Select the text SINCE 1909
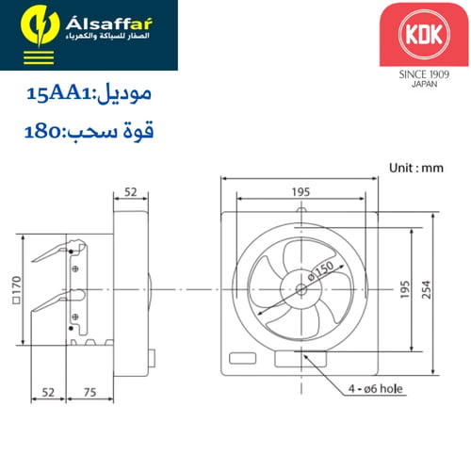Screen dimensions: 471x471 pos(416,73)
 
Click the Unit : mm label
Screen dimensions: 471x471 pos(416,167)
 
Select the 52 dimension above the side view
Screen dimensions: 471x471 pos(131,192)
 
